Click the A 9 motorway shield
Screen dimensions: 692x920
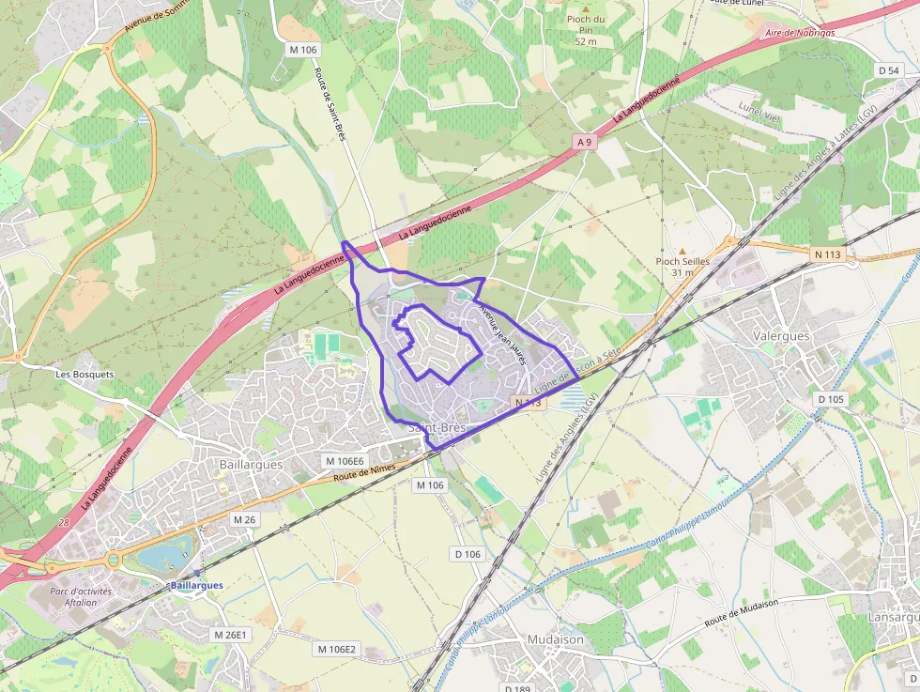[586, 142]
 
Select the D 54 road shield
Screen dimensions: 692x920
[888, 70]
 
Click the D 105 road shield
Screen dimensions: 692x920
[831, 399]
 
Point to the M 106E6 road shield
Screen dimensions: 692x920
[344, 461]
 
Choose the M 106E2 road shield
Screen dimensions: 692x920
[336, 649]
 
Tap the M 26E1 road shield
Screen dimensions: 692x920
[229, 635]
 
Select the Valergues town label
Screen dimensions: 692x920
[781, 335]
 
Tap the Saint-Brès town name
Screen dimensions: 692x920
[437, 428]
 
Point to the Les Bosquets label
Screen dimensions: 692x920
[84, 374]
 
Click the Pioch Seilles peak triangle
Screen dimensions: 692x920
[682, 251]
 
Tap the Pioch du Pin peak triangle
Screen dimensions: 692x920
[586, 9]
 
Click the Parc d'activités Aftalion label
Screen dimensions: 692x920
[81, 596]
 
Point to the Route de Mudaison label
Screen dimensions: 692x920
[741, 613]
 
